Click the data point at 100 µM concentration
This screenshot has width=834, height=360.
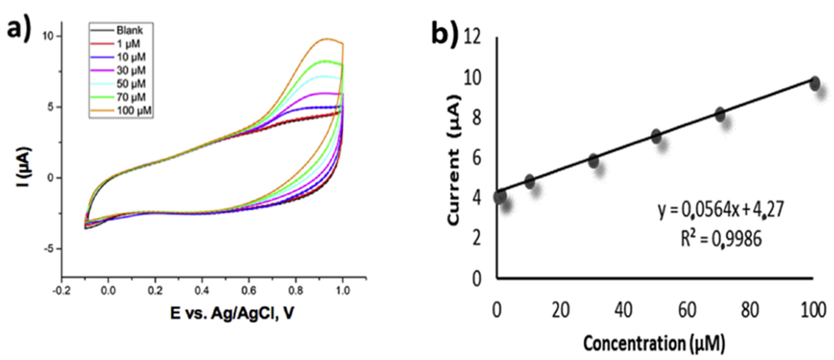tap(815, 83)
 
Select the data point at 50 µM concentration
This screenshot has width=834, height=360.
tap(656, 136)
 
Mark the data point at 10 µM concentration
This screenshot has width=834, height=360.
tap(529, 181)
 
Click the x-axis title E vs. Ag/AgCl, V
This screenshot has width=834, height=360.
tap(232, 313)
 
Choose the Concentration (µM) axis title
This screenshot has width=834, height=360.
tap(654, 344)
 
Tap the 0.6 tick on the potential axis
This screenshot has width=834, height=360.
tap(249, 291)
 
